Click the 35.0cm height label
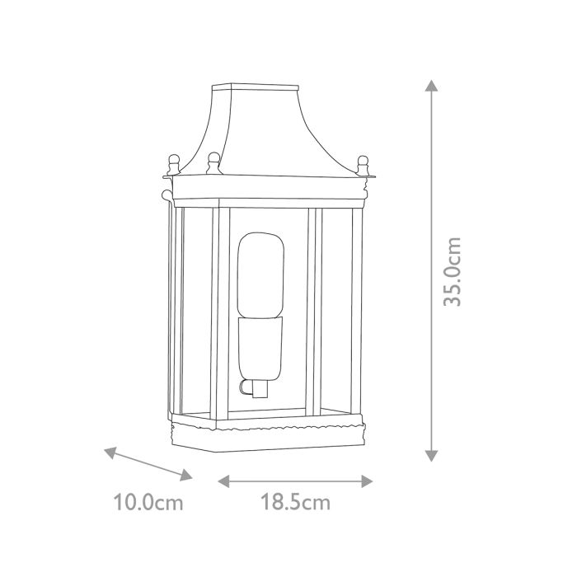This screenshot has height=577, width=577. coord(452,271)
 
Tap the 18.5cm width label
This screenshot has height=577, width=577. coord(295,503)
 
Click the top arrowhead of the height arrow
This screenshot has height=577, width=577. coord(429,85)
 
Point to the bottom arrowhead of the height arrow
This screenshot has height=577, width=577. coord(429,455)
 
